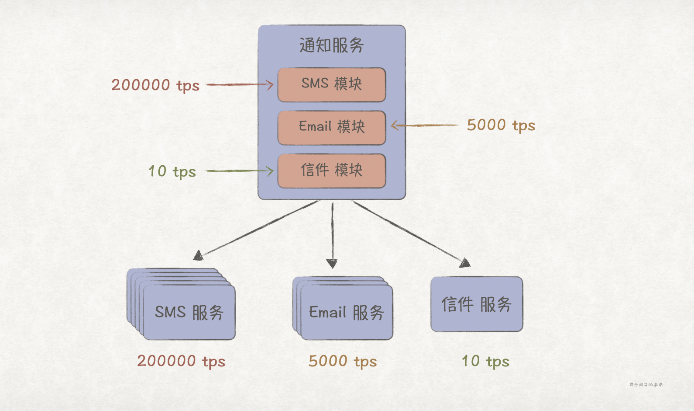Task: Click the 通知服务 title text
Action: pos(332,45)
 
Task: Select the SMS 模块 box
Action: pos(332,84)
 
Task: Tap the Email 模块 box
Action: pos(332,127)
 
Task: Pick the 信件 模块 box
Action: pos(332,171)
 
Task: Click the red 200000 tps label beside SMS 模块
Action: pos(155,85)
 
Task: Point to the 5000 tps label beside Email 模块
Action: pos(501,125)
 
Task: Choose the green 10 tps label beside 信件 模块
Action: pos(172,171)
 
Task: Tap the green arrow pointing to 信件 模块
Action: pos(240,171)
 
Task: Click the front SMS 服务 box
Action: pos(189,313)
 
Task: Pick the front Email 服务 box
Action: pos(347,313)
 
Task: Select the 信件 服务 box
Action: pos(477,304)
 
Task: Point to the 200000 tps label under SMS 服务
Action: pos(181,362)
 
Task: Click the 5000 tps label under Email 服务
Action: pos(343,362)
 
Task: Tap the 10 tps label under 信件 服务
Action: pos(485,362)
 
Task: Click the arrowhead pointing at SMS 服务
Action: pos(199,255)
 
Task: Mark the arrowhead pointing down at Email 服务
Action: pos(332,263)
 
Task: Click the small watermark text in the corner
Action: pos(646,385)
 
